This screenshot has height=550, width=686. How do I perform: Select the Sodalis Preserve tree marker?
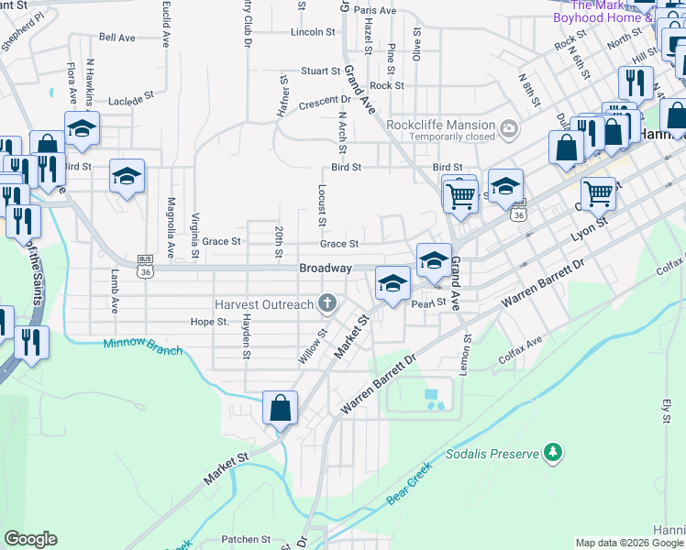pyautogui.click(x=552, y=452)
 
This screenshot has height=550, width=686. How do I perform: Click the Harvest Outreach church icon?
pyautogui.click(x=326, y=303)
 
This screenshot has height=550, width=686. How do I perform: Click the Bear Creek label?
pyautogui.click(x=409, y=486)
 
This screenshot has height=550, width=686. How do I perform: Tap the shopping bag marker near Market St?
pyautogui.click(x=280, y=407)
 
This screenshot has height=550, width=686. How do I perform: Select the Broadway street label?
pyautogui.click(x=326, y=268)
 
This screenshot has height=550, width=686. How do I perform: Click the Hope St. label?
pyautogui.click(x=208, y=322)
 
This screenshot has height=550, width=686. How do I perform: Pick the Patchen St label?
pyautogui.click(x=247, y=540)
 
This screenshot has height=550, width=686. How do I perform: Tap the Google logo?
pyautogui.click(x=30, y=539)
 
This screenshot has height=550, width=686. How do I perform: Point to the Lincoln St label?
pyautogui.click(x=313, y=31)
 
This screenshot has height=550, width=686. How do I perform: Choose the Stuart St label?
pyautogui.click(x=321, y=71)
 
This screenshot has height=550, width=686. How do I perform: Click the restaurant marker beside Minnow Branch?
pyautogui.click(x=32, y=342)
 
